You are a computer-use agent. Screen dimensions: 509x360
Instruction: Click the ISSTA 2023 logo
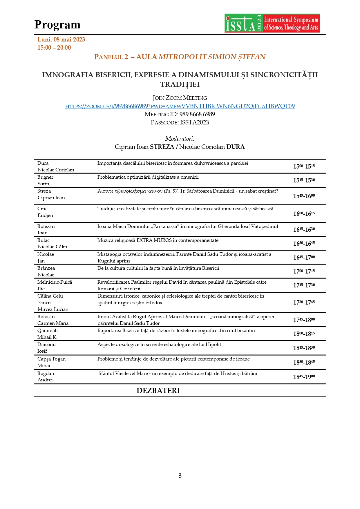(272, 23)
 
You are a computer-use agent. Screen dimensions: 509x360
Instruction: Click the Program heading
(57, 25)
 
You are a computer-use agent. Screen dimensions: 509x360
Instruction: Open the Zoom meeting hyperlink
(180, 106)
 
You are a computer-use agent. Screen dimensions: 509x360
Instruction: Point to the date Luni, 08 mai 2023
(61, 39)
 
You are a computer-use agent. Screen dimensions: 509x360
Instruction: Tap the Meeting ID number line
(180, 114)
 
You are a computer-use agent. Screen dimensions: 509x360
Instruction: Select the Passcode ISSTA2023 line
(180, 122)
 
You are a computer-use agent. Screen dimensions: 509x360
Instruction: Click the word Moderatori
(180, 139)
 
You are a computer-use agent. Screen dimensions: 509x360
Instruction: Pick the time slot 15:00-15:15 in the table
(304, 166)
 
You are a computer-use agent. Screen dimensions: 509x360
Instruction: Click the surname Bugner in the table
(45, 177)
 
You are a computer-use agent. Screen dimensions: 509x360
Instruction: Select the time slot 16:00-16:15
(304, 214)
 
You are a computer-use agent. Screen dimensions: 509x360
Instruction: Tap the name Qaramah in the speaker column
(48, 331)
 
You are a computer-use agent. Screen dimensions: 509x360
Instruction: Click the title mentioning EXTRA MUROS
(158, 240)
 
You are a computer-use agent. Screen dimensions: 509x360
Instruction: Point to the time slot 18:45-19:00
(304, 377)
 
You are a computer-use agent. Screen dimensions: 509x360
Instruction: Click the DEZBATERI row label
(158, 391)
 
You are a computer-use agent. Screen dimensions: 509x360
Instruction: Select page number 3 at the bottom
(180, 476)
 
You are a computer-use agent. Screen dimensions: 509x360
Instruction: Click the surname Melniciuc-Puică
(55, 282)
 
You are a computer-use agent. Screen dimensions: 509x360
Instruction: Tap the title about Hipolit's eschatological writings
(159, 345)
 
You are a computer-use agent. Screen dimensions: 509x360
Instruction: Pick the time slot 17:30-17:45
(304, 302)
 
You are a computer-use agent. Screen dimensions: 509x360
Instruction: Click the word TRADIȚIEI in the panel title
(180, 84)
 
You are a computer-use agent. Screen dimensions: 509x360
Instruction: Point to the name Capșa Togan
(51, 359)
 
